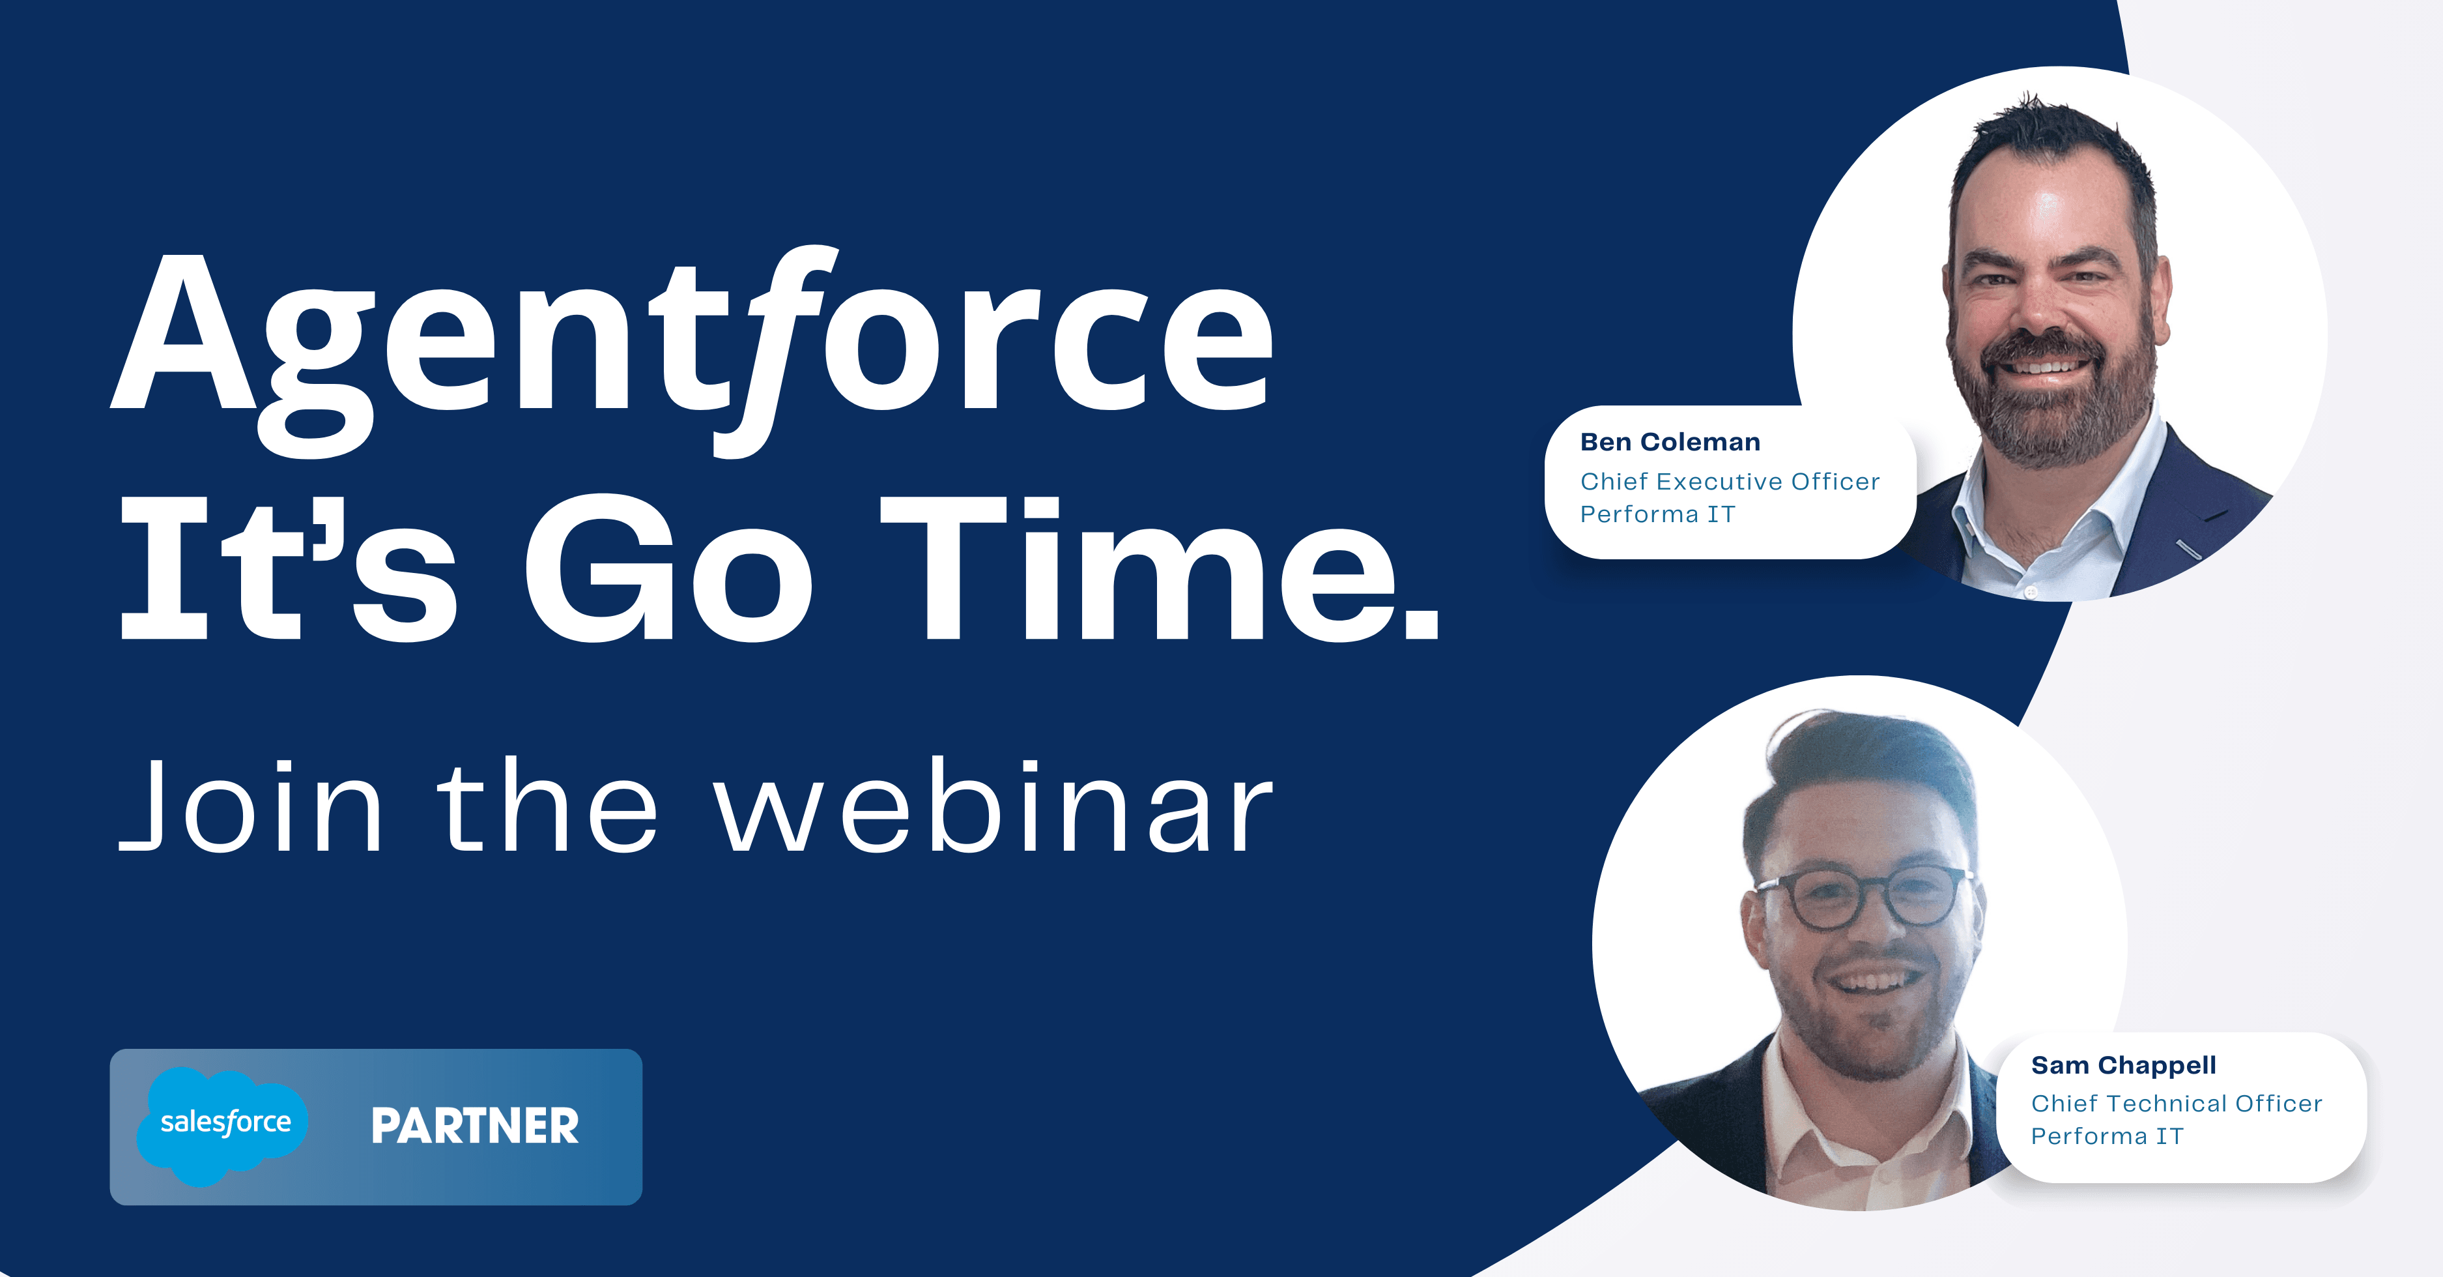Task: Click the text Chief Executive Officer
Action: tap(1730, 482)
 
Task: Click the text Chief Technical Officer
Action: tap(2177, 1104)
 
